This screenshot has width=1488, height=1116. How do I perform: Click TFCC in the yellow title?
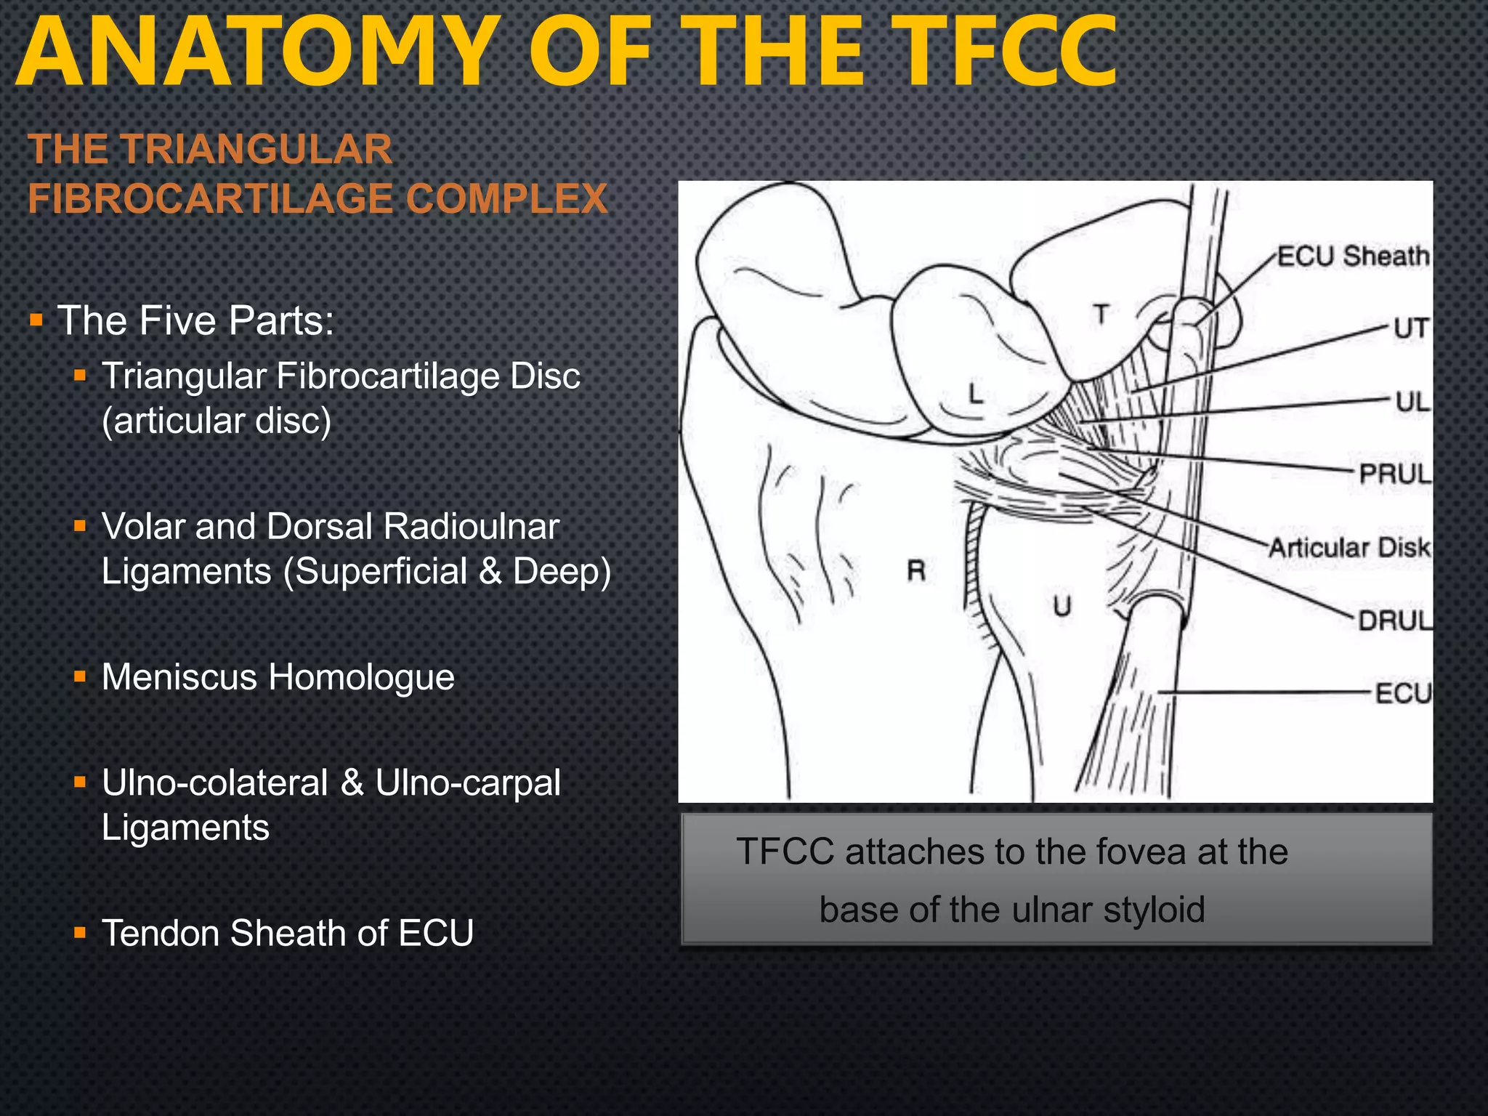pos(1009,52)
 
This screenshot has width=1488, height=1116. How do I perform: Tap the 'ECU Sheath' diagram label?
pos(1353,256)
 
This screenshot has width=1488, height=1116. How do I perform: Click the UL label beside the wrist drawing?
pos(1412,401)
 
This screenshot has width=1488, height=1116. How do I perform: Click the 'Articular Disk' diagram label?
pos(1349,547)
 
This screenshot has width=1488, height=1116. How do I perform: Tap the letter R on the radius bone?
pos(916,571)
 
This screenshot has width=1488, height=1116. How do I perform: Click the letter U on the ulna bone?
pos(1062,605)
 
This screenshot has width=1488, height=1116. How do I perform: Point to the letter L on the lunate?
pos(976,393)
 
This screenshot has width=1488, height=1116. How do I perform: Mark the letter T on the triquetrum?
pos(1102,315)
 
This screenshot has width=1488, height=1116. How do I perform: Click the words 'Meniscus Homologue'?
pos(278,677)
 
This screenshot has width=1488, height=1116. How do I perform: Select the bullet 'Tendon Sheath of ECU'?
pos(287,933)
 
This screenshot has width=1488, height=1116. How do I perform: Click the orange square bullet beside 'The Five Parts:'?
pos(36,320)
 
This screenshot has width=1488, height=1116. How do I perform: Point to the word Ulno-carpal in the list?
pos(468,783)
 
